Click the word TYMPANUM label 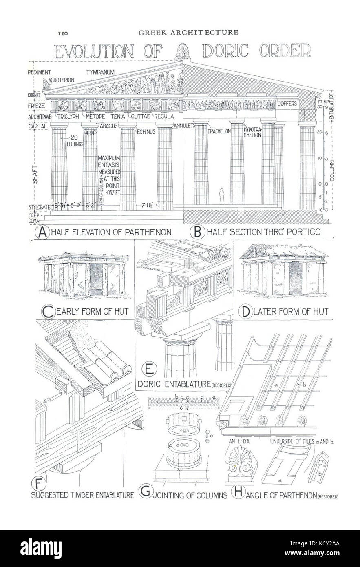coord(99,72)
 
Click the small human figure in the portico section coord(222,196)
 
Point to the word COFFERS coord(288,104)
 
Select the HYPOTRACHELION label coord(252,132)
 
